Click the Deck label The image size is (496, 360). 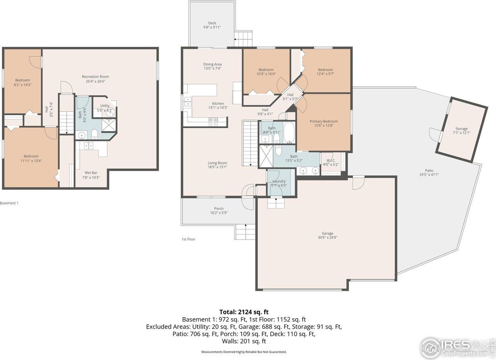click(x=212, y=23)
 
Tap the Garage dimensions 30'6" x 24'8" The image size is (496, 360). click(x=327, y=238)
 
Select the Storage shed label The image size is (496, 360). click(x=461, y=129)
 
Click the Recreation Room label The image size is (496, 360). click(x=95, y=77)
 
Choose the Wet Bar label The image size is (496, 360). click(x=91, y=172)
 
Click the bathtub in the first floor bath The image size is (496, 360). click(x=289, y=133)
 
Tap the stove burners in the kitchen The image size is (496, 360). click(x=213, y=122)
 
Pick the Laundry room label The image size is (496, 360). click(x=279, y=181)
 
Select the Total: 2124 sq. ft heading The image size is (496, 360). click(x=246, y=312)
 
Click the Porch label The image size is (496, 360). click(x=219, y=209)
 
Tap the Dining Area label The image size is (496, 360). click(x=212, y=64)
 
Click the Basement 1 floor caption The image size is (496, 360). click(x=9, y=203)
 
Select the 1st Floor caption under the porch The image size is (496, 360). click(x=188, y=239)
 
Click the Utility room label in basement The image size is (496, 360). click(x=105, y=106)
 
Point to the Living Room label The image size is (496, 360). click(x=217, y=163)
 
